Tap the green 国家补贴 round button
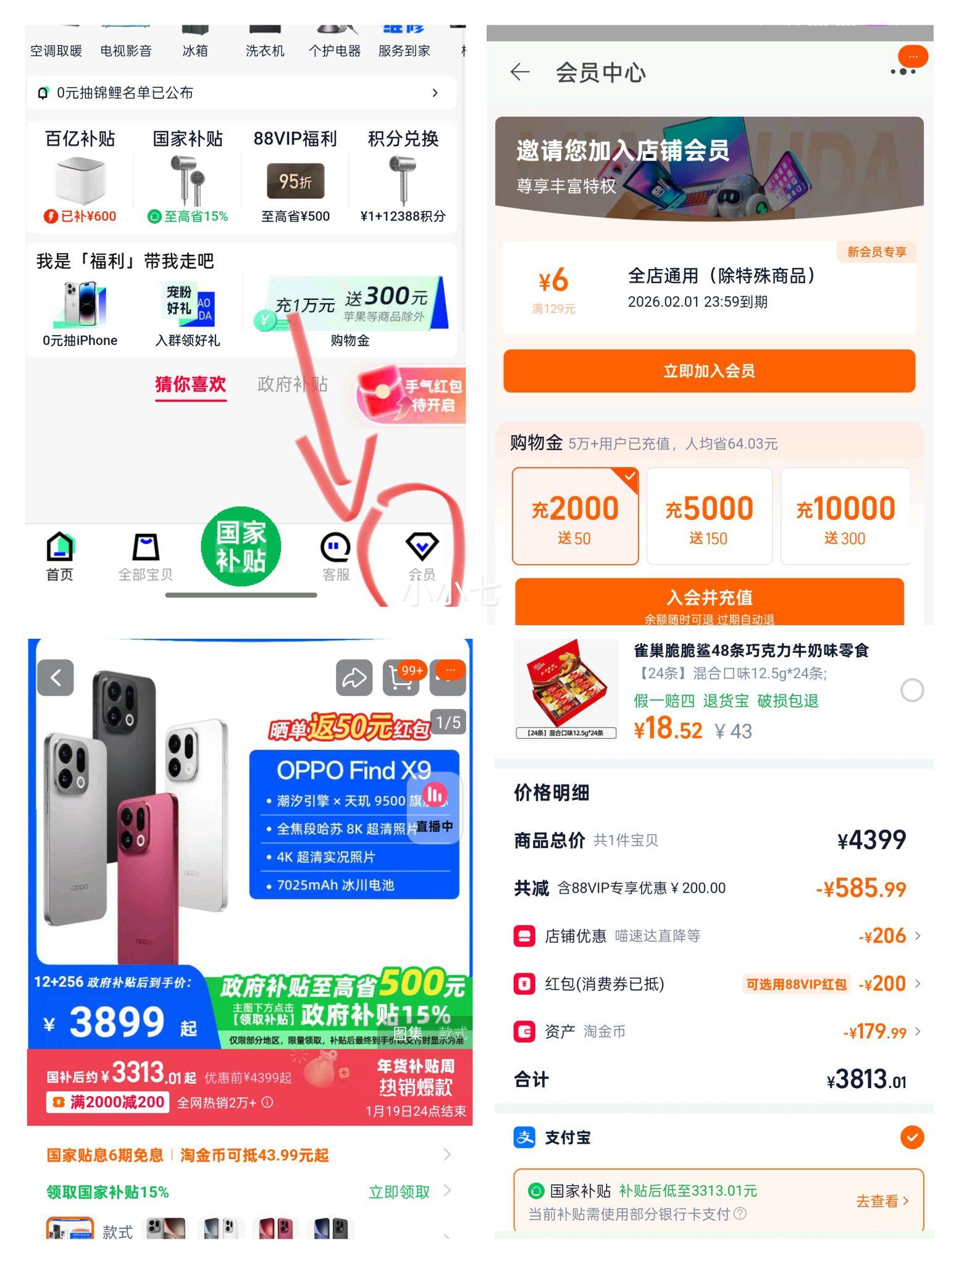pyautogui.click(x=241, y=546)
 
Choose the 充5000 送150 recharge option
pyautogui.click(x=709, y=517)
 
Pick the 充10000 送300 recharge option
pyautogui.click(x=845, y=517)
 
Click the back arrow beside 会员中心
pyautogui.click(x=520, y=72)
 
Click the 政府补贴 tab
pyautogui.click(x=292, y=384)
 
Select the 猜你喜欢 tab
pyautogui.click(x=190, y=384)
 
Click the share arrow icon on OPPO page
pyautogui.click(x=354, y=678)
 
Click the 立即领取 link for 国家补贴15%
pyautogui.click(x=399, y=1192)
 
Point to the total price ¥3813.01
pyautogui.click(x=866, y=1080)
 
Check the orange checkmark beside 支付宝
pyautogui.click(x=911, y=1137)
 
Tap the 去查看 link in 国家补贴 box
pyautogui.click(x=882, y=1201)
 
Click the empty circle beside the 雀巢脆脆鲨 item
pyautogui.click(x=911, y=690)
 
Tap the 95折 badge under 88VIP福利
pyautogui.click(x=295, y=181)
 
